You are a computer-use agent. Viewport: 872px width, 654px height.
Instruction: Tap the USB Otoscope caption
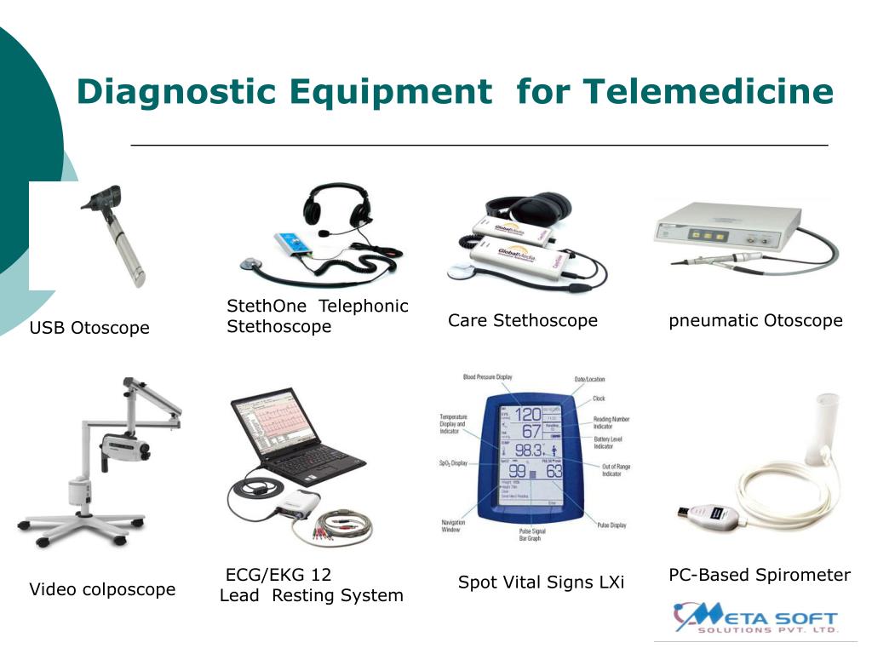[89, 328]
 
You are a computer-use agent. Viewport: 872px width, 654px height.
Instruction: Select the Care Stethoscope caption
[523, 320]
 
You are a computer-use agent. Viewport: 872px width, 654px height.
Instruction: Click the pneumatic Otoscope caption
[755, 320]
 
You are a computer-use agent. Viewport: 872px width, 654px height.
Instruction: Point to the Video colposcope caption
[102, 589]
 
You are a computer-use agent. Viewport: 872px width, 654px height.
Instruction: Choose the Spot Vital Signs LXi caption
[541, 582]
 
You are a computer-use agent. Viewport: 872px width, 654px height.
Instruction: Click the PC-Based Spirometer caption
[760, 575]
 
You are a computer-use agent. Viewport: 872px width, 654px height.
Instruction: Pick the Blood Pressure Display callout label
[487, 376]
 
